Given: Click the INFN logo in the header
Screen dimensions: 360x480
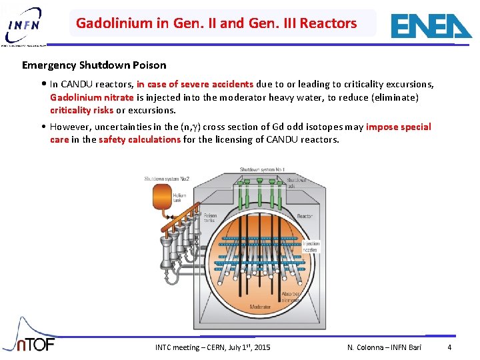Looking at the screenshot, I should coord(25,25).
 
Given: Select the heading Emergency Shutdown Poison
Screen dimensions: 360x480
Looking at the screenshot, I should coord(94,65).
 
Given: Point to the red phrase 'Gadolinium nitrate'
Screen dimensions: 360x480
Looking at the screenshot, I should coord(91,97).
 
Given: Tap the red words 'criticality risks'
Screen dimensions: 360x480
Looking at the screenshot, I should coord(81,110).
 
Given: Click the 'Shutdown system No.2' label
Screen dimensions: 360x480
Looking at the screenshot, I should coord(167,179).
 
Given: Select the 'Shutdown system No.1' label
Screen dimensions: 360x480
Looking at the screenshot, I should coord(262,170).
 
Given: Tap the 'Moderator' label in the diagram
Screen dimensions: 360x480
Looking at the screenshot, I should coord(260,307).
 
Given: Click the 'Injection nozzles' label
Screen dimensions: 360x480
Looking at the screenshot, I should coord(311,247).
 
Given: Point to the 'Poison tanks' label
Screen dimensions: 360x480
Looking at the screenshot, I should coord(209,219).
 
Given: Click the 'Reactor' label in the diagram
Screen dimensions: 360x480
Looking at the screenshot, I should coord(304,216).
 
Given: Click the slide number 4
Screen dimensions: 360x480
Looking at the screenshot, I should coord(449,347).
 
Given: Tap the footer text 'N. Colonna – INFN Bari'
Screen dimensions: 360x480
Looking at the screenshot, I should coord(384,347).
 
